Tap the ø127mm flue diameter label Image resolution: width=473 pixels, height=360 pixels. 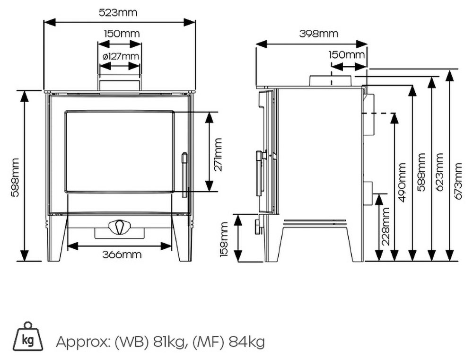tap(121, 56)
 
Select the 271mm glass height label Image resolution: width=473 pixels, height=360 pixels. tap(218, 155)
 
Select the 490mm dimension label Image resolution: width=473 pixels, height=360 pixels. tap(402, 183)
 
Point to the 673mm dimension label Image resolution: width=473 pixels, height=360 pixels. tap(458, 181)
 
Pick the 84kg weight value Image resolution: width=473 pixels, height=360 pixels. tap(247, 342)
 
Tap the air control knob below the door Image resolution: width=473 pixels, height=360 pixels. tap(118, 227)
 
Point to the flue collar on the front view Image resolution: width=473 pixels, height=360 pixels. tap(119, 84)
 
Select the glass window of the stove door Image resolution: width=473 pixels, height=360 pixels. tap(119, 151)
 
